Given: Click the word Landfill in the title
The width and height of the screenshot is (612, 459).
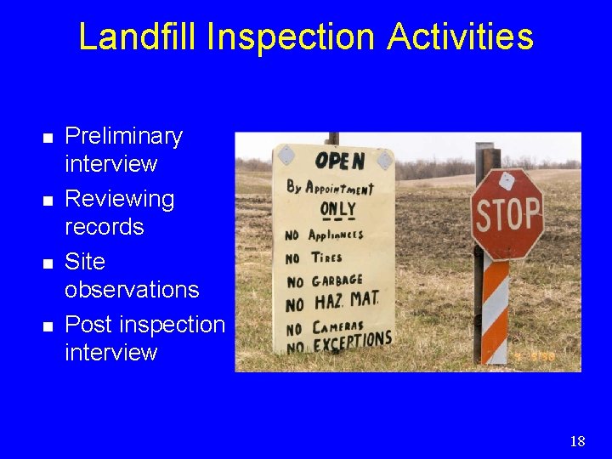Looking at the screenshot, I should (x=136, y=37).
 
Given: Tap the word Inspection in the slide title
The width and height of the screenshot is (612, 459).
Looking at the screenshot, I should (x=291, y=37).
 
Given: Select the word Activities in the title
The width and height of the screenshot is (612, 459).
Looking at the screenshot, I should (x=460, y=37).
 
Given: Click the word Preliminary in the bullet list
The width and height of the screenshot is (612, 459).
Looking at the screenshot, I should (x=123, y=136).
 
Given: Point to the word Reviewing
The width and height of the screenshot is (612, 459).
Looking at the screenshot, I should (x=120, y=199).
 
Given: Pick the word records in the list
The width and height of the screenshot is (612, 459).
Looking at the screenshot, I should (x=105, y=227).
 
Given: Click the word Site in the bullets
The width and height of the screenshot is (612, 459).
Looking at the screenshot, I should (x=84, y=261).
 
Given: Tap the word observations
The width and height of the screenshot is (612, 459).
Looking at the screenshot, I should (x=132, y=289).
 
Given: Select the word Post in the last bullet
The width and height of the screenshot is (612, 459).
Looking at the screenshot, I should (x=89, y=324).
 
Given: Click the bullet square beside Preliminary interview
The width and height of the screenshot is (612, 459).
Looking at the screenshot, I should (x=48, y=137).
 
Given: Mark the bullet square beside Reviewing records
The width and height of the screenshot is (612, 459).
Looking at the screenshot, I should (x=48, y=200).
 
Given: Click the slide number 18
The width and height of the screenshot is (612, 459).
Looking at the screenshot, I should (x=578, y=440).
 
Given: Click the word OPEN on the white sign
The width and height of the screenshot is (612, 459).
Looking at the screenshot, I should (x=339, y=161).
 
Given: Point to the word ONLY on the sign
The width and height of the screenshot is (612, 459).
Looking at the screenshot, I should (x=337, y=209).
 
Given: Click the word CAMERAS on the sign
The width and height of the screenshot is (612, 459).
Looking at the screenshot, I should (x=339, y=326).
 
